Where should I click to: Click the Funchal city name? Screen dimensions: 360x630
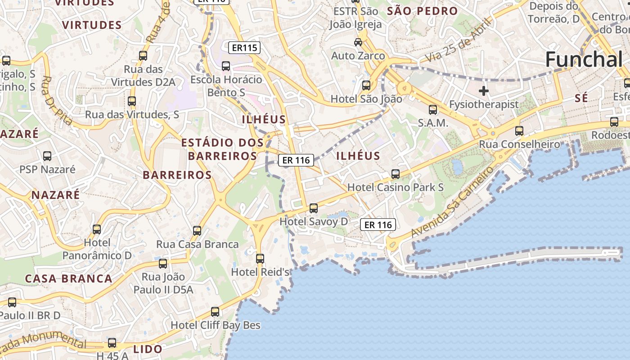pyautogui.click(x=584, y=59)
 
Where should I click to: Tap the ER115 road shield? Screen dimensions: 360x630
pyautogui.click(x=244, y=47)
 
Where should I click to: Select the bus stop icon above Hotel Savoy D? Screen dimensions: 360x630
pyautogui.click(x=314, y=208)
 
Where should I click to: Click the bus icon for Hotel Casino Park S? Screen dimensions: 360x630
pyautogui.click(x=396, y=174)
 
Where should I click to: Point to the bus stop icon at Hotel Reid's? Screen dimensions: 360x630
pyautogui.click(x=260, y=259)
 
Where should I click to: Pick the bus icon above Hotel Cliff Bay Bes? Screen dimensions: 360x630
pyautogui.click(x=215, y=312)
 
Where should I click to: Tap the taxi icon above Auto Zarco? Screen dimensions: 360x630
pyautogui.click(x=358, y=42)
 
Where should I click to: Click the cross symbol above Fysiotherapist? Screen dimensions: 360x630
pyautogui.click(x=484, y=91)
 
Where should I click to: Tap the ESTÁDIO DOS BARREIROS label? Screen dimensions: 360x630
pyautogui.click(x=222, y=149)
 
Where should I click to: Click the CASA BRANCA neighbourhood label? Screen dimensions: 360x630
pyautogui.click(x=69, y=279)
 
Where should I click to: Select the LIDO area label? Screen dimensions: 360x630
pyautogui.click(x=148, y=349)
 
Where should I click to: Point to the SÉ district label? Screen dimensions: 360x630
pyautogui.click(x=581, y=98)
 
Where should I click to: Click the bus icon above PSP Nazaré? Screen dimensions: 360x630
pyautogui.click(x=47, y=156)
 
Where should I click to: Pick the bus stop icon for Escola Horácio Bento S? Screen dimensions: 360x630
pyautogui.click(x=226, y=66)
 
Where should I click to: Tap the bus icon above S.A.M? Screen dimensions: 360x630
pyautogui.click(x=433, y=109)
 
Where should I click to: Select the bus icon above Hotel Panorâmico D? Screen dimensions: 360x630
pyautogui.click(x=97, y=229)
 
